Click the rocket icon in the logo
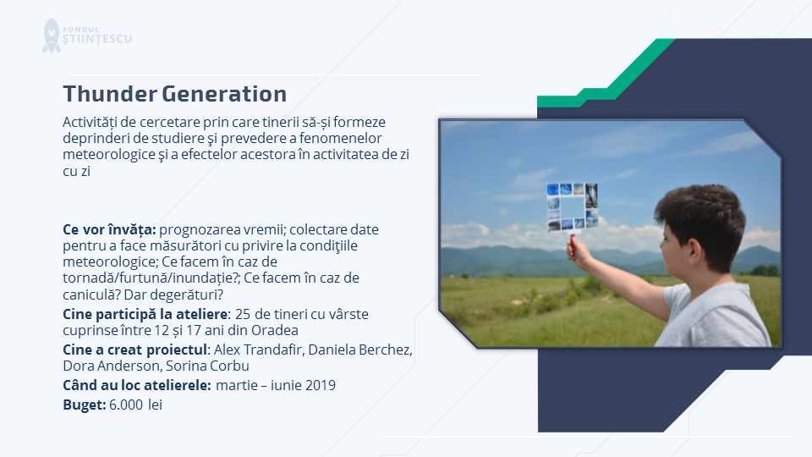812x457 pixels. pos(52,36)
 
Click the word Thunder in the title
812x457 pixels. pos(110,94)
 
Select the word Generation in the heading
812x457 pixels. pos(224,94)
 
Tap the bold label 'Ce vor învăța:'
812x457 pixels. pos(109,229)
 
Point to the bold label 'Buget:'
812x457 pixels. pos(85,405)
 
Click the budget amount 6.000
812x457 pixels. pos(126,405)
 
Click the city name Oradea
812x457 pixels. pos(274,330)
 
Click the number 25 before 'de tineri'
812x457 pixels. pos(243,314)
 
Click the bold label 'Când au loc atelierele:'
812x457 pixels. pos(137,385)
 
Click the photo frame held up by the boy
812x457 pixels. pos(573,206)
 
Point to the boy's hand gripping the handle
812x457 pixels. pos(579,252)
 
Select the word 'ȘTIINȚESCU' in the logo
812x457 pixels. pos(97,39)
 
